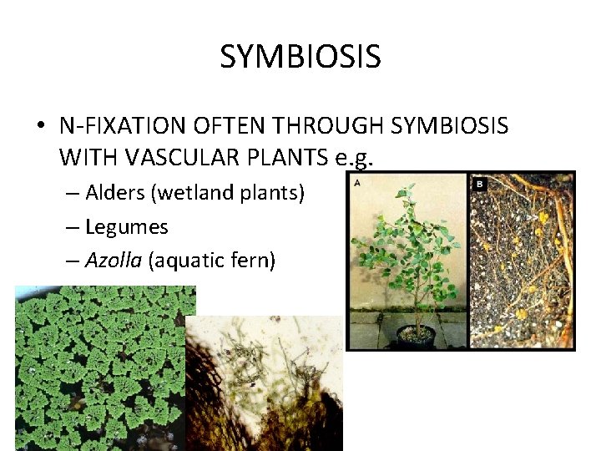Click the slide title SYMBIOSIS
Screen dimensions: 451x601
pos(300,57)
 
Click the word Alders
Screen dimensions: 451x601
pos(115,193)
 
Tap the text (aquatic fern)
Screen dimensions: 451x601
pos(212,261)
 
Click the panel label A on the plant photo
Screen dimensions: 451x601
pos(357,182)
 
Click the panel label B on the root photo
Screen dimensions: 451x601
pos(480,184)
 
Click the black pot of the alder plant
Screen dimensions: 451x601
pos(415,335)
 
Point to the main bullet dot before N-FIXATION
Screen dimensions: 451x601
pos(40,126)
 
